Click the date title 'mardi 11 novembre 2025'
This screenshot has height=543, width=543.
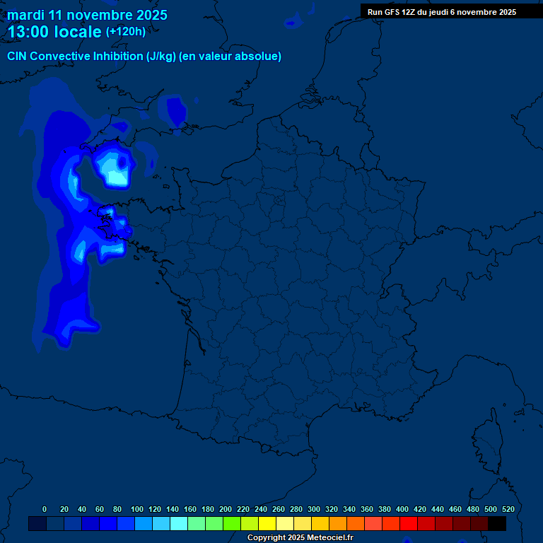click(87, 15)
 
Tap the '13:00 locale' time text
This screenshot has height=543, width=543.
click(54, 33)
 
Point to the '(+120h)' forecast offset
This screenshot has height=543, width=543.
click(126, 32)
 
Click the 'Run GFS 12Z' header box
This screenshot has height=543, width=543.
click(442, 12)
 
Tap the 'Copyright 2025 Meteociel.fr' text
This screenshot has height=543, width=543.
click(300, 538)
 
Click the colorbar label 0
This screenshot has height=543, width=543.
click(45, 509)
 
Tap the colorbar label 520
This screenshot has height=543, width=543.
click(508, 509)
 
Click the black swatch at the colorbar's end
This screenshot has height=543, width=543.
click(497, 524)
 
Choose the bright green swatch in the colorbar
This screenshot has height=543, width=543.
click(232, 524)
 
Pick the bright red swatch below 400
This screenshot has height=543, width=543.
click(409, 524)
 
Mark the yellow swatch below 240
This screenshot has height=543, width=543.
click(267, 524)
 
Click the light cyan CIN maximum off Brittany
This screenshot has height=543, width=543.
click(113, 168)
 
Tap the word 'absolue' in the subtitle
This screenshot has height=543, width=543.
click(261, 57)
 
